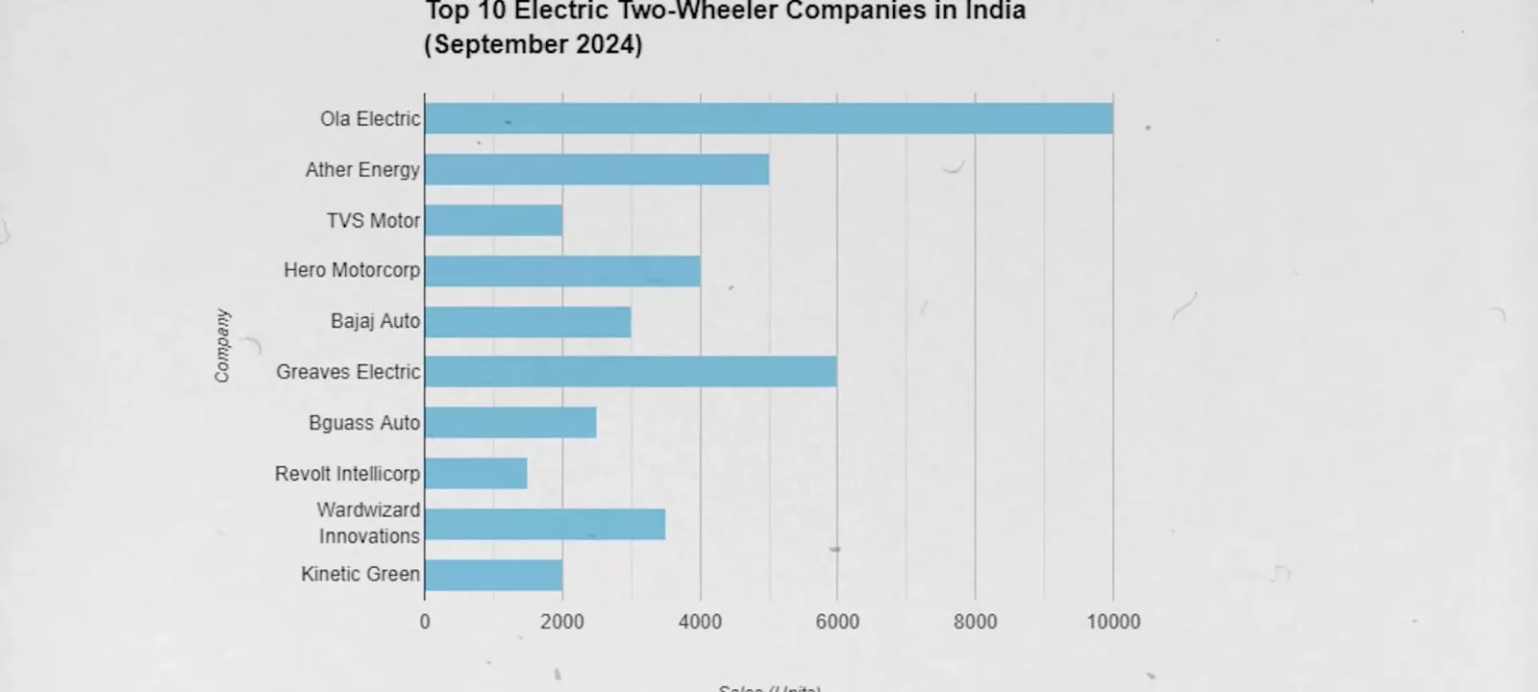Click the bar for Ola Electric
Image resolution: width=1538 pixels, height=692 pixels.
pos(769,118)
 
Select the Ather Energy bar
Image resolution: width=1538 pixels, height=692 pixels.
pos(597,169)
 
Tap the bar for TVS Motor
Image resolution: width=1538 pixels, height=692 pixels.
pos(494,220)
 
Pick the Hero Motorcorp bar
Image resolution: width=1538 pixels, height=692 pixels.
pos(562,271)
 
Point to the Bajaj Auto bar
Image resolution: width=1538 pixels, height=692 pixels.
pos(528,321)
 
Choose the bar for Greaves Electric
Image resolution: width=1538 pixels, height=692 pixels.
pos(631,372)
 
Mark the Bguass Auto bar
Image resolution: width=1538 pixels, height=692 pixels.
pos(510,423)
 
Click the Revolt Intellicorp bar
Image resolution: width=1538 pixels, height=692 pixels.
pos(476,473)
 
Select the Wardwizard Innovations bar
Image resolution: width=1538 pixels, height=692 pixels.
pos(545,524)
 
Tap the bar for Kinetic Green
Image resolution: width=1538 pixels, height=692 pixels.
pos(494,575)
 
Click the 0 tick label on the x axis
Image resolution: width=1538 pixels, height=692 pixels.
pos(425,622)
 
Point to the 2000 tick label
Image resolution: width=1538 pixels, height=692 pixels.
pos(562,622)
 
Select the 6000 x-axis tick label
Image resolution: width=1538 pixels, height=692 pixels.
pos(837,622)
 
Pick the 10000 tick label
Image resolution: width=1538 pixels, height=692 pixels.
pos(1113,622)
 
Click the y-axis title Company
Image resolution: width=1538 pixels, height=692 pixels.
pos(222,346)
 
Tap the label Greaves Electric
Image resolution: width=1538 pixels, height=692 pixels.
pos(348,372)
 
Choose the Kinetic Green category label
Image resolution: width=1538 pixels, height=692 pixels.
pos(360,574)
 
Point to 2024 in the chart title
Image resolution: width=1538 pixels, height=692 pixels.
pos(609,44)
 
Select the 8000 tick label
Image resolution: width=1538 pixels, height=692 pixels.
pos(975,622)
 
